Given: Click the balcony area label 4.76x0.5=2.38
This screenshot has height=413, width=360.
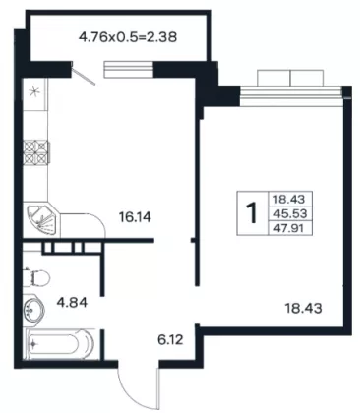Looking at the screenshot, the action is pos(128,37).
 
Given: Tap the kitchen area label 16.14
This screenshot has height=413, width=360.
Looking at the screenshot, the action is pos(135,217).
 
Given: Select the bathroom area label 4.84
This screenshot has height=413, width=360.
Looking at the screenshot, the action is pos(72,302).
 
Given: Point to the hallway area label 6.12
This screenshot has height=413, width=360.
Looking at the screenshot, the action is pos(170,340).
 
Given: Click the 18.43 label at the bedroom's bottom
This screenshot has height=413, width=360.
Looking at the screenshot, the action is pos(303,308).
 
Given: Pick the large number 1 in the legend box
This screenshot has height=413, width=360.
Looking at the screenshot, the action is pos(253,213).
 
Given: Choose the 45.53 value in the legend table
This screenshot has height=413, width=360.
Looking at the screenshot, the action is pos(290,213).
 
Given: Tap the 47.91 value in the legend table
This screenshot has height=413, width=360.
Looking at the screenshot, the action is pos(290,228).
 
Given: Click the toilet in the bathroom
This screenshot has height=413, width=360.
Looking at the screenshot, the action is pos(36,278).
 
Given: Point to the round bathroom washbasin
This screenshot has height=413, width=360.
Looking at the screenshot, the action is pos(33,309).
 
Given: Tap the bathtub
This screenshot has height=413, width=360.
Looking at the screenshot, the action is pos(59,344).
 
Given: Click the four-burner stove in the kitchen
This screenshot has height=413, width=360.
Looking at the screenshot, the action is pos(35,152).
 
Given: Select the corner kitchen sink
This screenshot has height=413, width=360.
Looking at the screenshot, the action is pos(42,220).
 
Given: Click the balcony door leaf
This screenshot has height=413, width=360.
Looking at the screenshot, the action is pos(84,74).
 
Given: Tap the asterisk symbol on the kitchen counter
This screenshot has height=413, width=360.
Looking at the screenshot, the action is pos(33,91).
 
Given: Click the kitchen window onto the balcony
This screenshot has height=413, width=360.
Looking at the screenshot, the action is pos(129,70).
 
